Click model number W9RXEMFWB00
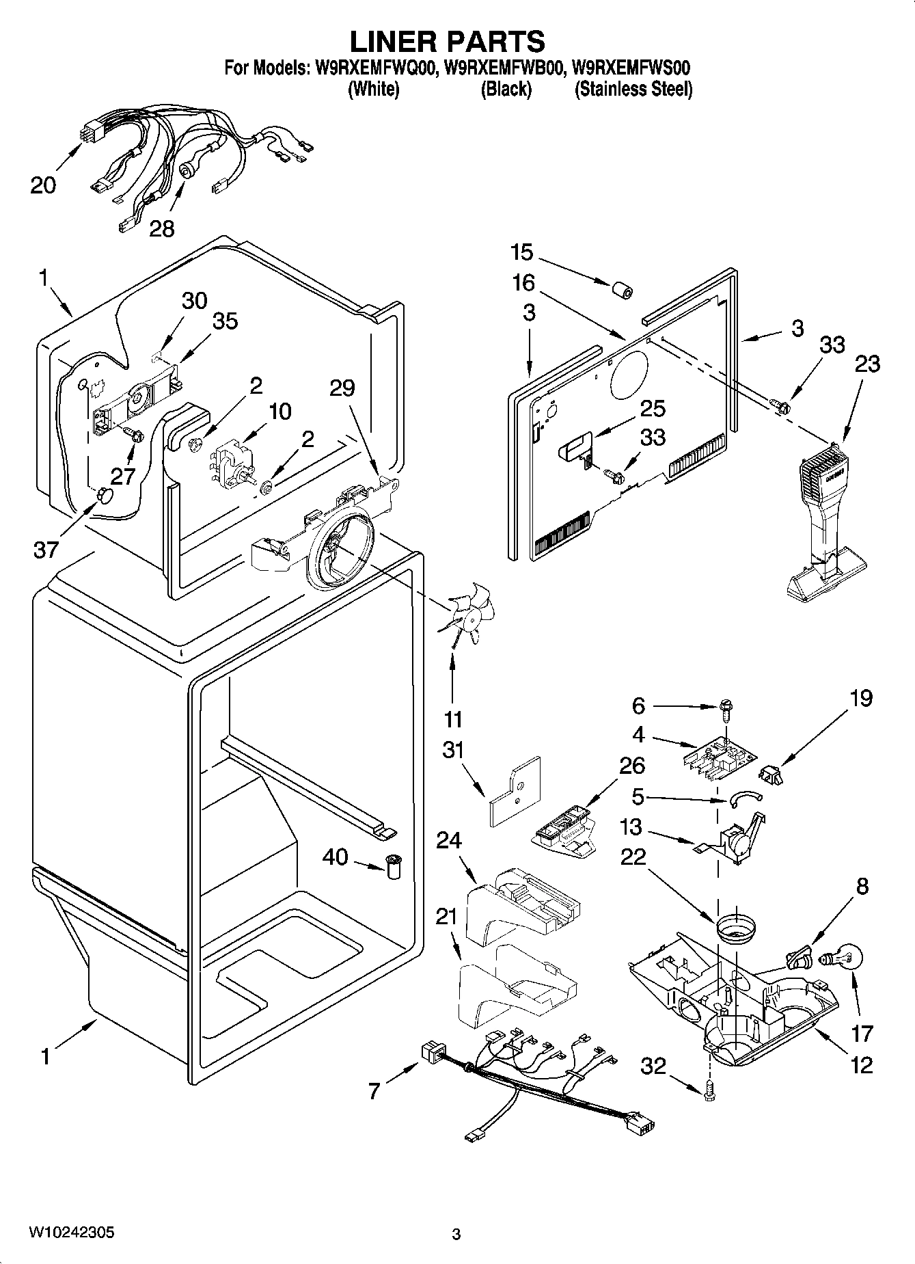click(504, 68)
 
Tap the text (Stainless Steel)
click(633, 89)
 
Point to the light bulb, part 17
click(845, 958)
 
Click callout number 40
click(336, 857)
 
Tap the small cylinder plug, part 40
click(394, 868)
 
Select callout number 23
click(867, 364)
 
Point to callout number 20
click(43, 185)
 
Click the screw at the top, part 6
click(726, 712)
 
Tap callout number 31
click(453, 750)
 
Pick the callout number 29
click(342, 388)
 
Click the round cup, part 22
click(736, 930)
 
